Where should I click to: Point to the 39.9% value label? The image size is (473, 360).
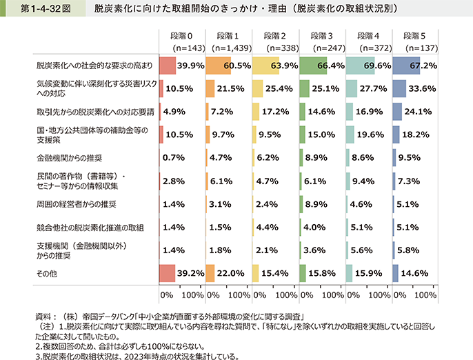pos(190,66)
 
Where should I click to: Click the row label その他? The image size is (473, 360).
pos(46,272)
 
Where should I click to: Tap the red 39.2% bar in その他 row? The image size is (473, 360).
pos(168,272)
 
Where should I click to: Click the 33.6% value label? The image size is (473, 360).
pos(423,88)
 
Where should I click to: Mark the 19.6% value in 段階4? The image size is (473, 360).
pos(376,134)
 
